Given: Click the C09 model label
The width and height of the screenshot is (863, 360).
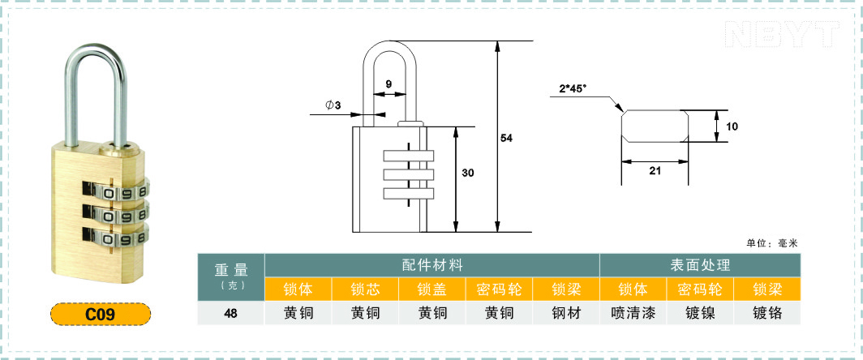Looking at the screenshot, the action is point(101,315).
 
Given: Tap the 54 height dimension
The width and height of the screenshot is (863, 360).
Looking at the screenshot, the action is point(506,138).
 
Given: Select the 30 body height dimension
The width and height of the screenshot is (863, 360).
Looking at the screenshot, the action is point(468,173).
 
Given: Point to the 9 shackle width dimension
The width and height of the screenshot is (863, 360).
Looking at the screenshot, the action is point(389,84).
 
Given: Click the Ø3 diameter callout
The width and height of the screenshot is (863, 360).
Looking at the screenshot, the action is point(333,105).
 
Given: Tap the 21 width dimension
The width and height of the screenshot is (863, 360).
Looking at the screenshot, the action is point(655,170).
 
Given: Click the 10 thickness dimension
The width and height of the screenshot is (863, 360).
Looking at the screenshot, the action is point(732,126).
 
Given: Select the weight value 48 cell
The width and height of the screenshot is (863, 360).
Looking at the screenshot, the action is point(231,313).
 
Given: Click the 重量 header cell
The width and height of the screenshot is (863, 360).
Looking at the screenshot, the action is point(231,276).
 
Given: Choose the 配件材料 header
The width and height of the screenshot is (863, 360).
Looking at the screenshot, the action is point(432,265).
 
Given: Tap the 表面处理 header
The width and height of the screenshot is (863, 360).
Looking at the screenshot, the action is point(700,265).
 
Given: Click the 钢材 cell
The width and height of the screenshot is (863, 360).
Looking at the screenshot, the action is point(566,313).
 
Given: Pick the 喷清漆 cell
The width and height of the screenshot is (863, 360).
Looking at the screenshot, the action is point(633,313).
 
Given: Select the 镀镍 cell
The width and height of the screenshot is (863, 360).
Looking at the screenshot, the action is point(700,313).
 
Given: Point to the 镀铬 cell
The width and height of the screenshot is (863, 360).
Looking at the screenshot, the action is point(767,313).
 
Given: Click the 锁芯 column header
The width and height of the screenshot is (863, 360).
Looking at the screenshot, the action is point(366,289).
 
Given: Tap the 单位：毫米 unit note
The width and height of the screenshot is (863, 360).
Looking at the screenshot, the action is point(771,243).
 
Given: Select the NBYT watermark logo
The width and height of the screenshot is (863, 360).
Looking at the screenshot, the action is point(782,34).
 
